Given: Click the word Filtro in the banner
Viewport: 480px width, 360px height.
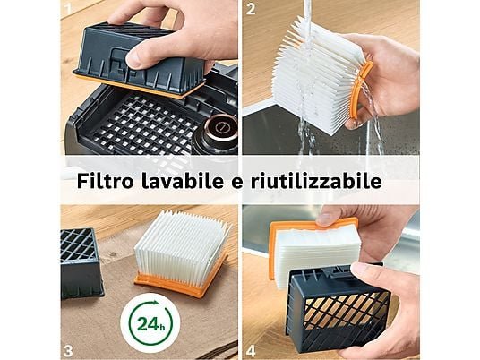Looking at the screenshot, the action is (106, 181).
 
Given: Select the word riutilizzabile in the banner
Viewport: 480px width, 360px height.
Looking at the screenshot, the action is (316, 181).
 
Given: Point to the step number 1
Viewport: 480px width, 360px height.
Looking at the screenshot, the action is (67, 8).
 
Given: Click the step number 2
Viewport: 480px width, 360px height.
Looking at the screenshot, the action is (251, 9).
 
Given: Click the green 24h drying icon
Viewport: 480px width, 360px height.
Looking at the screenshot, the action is (151, 323).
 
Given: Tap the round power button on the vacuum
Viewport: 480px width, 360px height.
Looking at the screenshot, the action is (219, 128).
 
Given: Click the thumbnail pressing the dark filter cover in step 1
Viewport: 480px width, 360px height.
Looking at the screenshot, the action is (139, 57).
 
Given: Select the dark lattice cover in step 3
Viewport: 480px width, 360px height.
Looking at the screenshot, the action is (81, 263).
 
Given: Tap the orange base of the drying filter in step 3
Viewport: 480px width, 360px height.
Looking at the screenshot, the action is (181, 280).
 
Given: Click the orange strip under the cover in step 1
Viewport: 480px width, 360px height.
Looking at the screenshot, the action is (138, 86).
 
